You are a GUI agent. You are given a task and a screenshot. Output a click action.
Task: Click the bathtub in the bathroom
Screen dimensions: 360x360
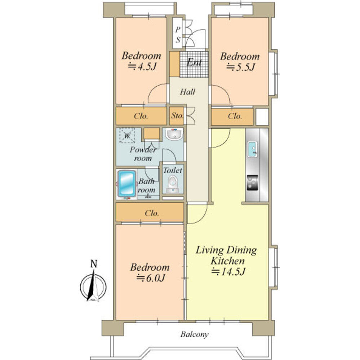click(x=127, y=184)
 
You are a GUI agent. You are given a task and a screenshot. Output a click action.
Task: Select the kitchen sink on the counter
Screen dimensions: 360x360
click(x=252, y=149)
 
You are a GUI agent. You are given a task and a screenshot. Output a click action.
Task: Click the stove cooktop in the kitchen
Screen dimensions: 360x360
click(x=252, y=183)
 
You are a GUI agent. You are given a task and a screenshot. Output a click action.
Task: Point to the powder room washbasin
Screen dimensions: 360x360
click(x=174, y=134)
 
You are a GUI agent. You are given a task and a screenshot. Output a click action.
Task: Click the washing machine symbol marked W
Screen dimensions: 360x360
click(x=127, y=135)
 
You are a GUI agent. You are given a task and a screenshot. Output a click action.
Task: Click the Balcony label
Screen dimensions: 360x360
click(x=194, y=334)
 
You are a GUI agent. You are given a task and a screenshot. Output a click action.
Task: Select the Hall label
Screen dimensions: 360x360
click(x=188, y=92)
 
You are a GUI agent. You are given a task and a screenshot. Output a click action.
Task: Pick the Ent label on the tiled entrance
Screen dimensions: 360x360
click(x=194, y=62)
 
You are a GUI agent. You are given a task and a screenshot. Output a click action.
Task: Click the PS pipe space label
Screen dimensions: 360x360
click(x=178, y=35)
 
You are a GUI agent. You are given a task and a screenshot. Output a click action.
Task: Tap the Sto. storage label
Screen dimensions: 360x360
click(x=177, y=116)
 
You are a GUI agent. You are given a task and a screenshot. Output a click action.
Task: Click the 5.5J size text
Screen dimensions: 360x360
click(x=241, y=68)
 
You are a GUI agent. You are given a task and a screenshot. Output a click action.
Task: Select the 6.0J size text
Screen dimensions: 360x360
click(x=151, y=278)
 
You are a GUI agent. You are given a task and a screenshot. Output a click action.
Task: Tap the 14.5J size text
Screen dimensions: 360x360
click(x=228, y=272)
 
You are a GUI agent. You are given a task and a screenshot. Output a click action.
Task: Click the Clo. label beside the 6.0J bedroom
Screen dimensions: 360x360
click(x=152, y=213)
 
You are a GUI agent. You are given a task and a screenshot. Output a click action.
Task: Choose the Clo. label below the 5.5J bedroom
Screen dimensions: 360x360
click(x=235, y=116)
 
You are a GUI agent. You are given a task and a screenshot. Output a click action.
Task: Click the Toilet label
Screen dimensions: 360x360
click(x=173, y=170)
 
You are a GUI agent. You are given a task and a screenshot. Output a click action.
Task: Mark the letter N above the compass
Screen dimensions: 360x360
click(x=94, y=264)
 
